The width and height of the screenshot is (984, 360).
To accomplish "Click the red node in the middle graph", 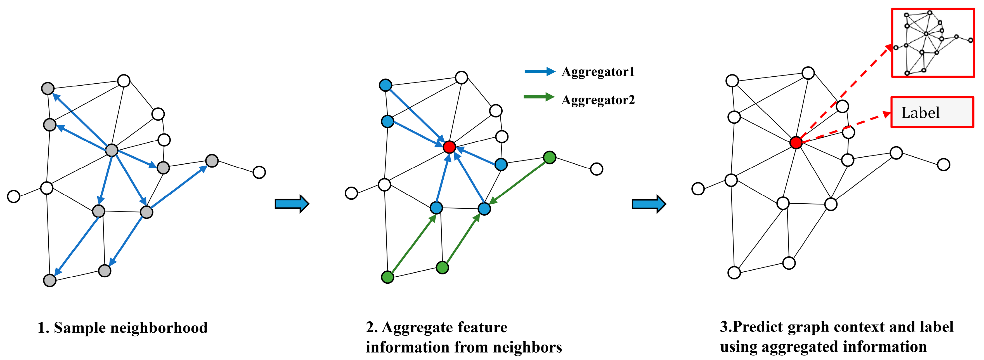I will pos(450,147).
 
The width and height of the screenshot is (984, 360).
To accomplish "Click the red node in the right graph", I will pos(796,143).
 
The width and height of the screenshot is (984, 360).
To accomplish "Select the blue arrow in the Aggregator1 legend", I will pos(539,71).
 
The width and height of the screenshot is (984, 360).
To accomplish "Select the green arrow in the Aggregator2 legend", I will pos(539,97).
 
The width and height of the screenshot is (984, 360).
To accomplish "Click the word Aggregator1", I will pos(598,72).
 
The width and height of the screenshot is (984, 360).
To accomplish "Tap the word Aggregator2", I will pos(598,100).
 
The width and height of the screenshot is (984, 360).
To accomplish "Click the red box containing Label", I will pos(932,112).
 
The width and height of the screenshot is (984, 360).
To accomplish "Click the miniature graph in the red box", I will pos(933,43).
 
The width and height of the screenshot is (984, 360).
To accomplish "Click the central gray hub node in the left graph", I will pos(112,150).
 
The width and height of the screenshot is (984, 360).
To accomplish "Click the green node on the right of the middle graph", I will pos(549,157).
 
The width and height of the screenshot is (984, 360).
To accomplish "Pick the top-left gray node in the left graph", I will pos(48,89).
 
